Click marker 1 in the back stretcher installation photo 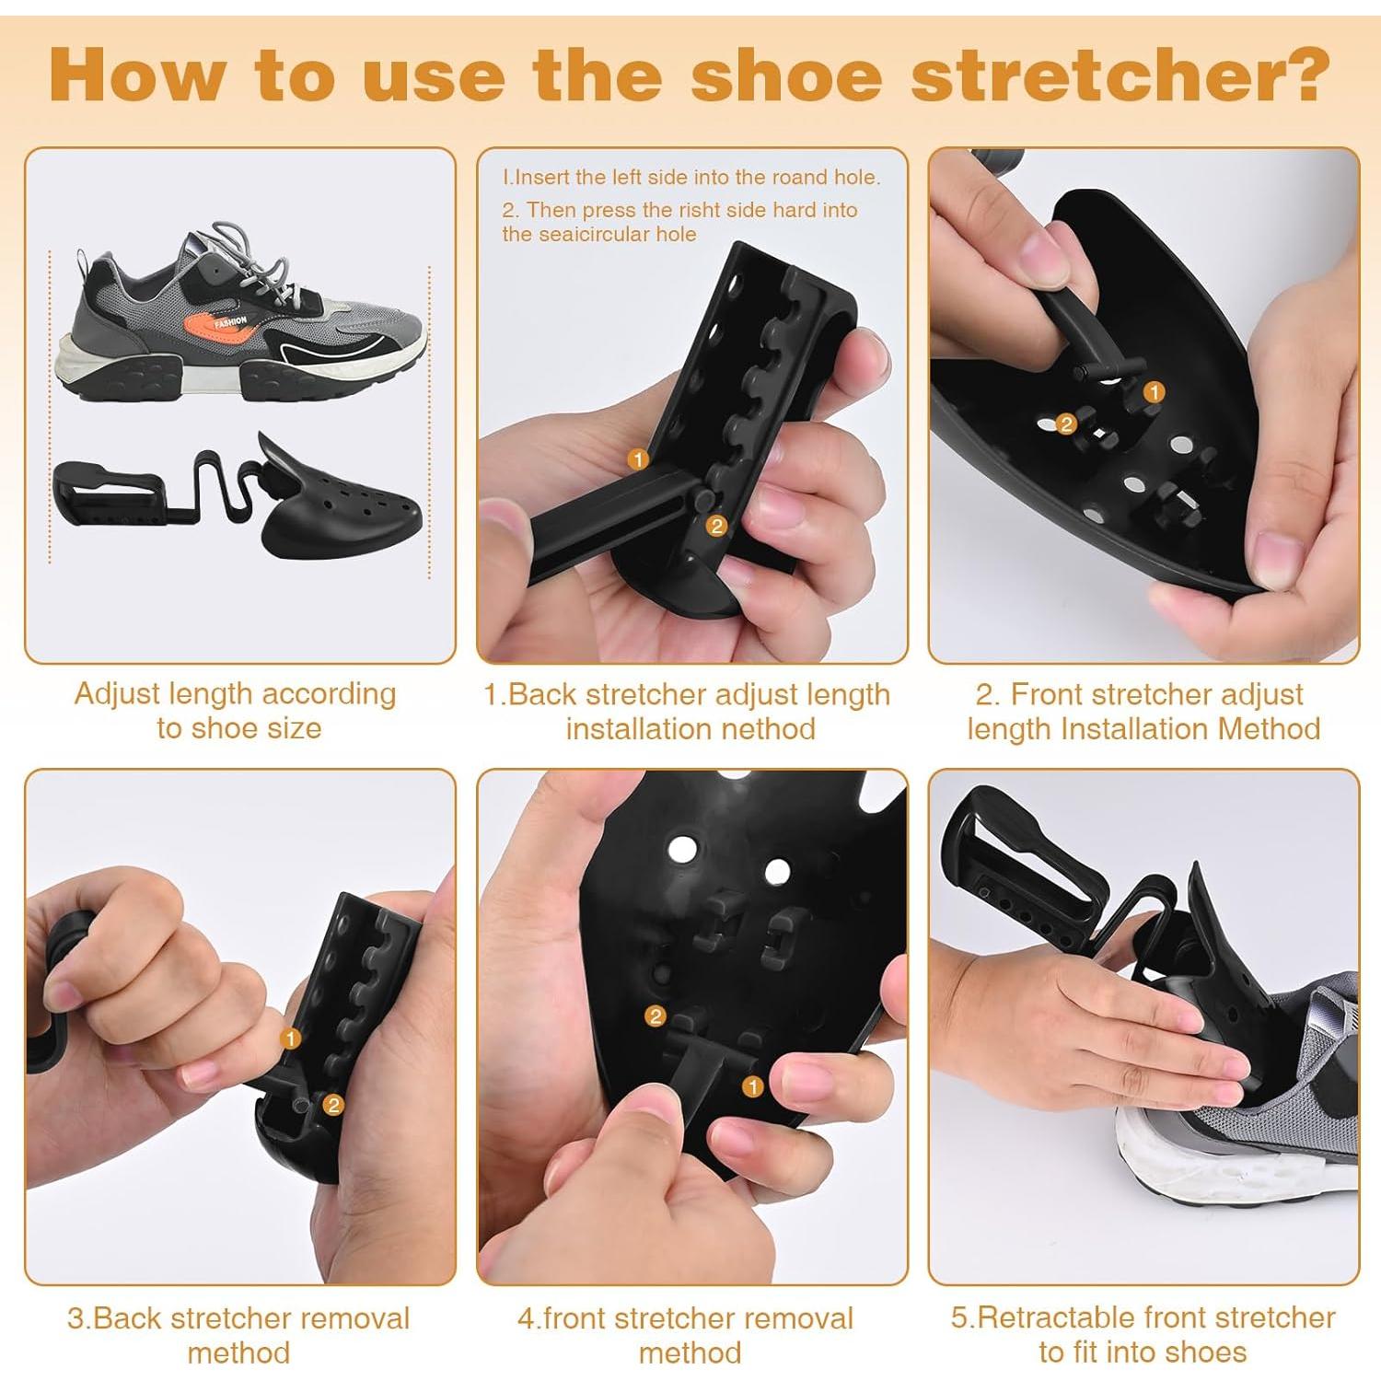click(637, 458)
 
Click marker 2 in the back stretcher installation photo click(716, 526)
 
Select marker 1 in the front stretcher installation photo click(1153, 392)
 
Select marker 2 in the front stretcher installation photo click(1066, 424)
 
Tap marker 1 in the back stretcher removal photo click(291, 1039)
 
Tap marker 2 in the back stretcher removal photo click(333, 1104)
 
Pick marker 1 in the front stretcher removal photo click(752, 1086)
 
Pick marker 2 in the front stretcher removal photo click(655, 1015)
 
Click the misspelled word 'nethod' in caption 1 click(770, 729)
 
